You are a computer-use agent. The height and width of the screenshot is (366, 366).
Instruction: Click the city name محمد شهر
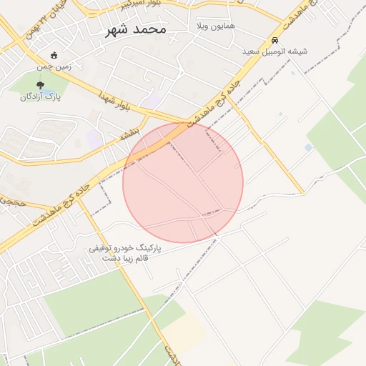pyautogui.click(x=135, y=30)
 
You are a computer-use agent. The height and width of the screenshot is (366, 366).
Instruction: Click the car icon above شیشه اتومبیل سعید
pyautogui.click(x=275, y=40)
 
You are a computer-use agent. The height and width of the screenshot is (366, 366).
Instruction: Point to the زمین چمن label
pyautogui.click(x=54, y=66)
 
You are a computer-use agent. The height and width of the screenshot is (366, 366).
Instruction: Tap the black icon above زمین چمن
pyautogui.click(x=54, y=55)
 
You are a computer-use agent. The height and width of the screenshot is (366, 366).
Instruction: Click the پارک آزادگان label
pyautogui.click(x=41, y=97)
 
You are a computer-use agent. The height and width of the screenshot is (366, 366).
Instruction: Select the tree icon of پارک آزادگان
pyautogui.click(x=40, y=85)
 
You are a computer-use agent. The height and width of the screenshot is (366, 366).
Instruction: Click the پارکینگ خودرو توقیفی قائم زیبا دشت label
pyautogui.click(x=125, y=254)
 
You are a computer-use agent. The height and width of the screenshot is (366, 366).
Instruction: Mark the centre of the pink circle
pyautogui.click(x=183, y=183)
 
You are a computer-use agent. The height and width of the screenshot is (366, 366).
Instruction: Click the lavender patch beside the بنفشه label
pyautogui.click(x=95, y=138)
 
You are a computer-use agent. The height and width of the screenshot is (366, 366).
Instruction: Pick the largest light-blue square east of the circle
pyautogui.click(x=308, y=148)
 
